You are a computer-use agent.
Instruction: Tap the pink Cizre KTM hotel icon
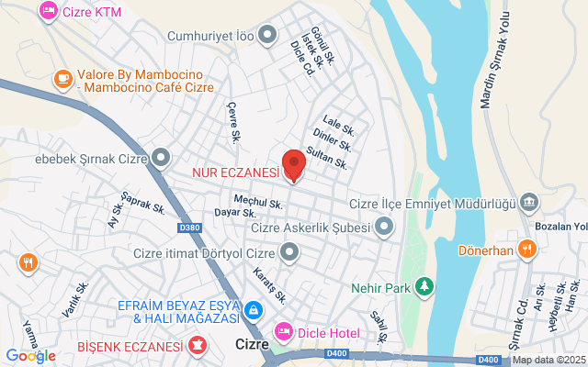point(48,11)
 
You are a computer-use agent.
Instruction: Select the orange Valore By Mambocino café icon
point(63,79)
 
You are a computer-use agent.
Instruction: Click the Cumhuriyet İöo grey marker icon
point(267,36)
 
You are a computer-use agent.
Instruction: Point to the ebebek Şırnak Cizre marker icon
point(162,158)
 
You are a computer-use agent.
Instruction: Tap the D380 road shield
point(190,228)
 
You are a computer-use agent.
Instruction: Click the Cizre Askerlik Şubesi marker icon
point(383,226)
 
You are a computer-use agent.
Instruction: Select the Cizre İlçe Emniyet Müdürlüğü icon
point(529,202)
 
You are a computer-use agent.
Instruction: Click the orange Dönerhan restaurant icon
point(526,248)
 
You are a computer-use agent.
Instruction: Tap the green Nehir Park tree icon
point(424,287)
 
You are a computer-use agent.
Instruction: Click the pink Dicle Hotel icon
point(283,329)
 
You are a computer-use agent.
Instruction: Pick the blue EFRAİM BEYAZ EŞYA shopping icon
point(254,312)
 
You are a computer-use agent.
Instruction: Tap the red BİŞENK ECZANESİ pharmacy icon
point(197,346)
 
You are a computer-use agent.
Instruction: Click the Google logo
point(30,356)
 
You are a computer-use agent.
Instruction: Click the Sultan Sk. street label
point(327,158)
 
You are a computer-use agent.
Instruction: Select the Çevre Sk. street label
point(233,120)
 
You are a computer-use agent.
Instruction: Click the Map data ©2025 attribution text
point(548,360)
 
